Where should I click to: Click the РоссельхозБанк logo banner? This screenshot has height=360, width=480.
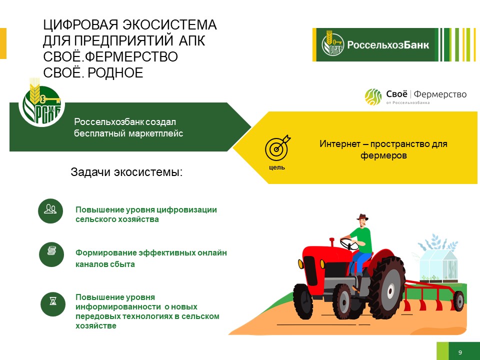(x=394, y=44)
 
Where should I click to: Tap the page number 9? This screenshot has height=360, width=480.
(x=460, y=352)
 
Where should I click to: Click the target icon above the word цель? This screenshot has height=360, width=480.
(x=277, y=147)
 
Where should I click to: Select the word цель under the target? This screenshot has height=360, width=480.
(x=276, y=167)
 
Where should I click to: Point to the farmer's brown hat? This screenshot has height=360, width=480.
(x=362, y=217)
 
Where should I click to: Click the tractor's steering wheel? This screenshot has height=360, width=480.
(x=349, y=244)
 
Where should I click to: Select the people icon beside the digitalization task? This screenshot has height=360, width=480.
(x=50, y=211)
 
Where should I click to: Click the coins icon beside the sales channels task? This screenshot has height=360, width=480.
(x=51, y=254)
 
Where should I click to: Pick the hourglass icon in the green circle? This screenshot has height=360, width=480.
(x=53, y=304)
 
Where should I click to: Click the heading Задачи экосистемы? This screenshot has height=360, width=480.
(x=126, y=172)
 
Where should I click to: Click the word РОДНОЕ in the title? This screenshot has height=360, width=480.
(x=115, y=73)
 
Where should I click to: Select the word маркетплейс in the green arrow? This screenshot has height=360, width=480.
(x=156, y=134)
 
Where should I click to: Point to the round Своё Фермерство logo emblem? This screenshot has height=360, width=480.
(x=373, y=97)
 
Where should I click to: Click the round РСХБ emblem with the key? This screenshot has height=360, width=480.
(x=42, y=104)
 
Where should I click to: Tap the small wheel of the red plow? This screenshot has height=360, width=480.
(x=458, y=301)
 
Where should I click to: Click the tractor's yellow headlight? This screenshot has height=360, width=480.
(x=322, y=264)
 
